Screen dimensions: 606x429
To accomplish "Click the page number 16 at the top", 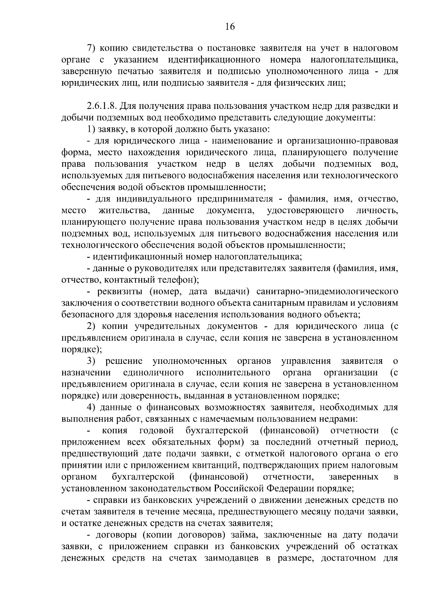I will pyautogui.click(x=230, y=27).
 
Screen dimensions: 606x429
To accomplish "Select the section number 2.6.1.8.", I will pyautogui.click(x=101, y=106).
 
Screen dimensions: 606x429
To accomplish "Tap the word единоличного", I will pyautogui.click(x=153, y=373).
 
